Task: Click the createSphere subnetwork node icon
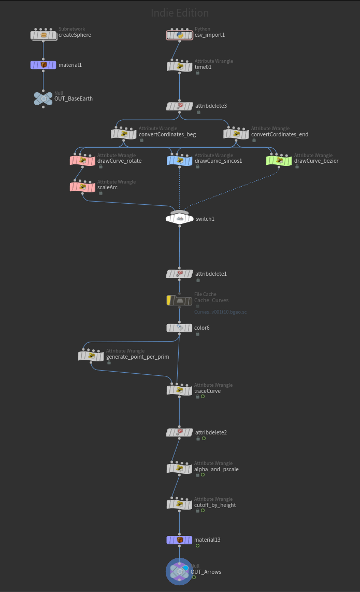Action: pos(44,35)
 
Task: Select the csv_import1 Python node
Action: pos(179,35)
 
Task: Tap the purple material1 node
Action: pos(44,65)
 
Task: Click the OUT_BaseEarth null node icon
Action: pos(44,98)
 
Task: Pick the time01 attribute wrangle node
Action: pos(179,67)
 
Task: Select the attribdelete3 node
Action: pos(179,106)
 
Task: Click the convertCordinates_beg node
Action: pos(123,134)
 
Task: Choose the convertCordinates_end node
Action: pos(236,134)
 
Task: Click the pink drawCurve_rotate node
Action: pos(82,161)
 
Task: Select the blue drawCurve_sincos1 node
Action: pos(179,161)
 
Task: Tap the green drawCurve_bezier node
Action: pos(279,161)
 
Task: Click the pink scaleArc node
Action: pos(82,187)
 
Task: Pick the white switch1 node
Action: pos(179,219)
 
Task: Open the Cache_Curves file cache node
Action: pos(179,300)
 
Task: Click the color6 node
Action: pos(179,328)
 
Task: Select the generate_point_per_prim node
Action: pos(91,357)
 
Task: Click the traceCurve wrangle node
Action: pos(179,390)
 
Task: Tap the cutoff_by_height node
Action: pos(179,504)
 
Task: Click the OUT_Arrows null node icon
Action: pos(179,572)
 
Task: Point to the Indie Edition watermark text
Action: pos(180,13)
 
